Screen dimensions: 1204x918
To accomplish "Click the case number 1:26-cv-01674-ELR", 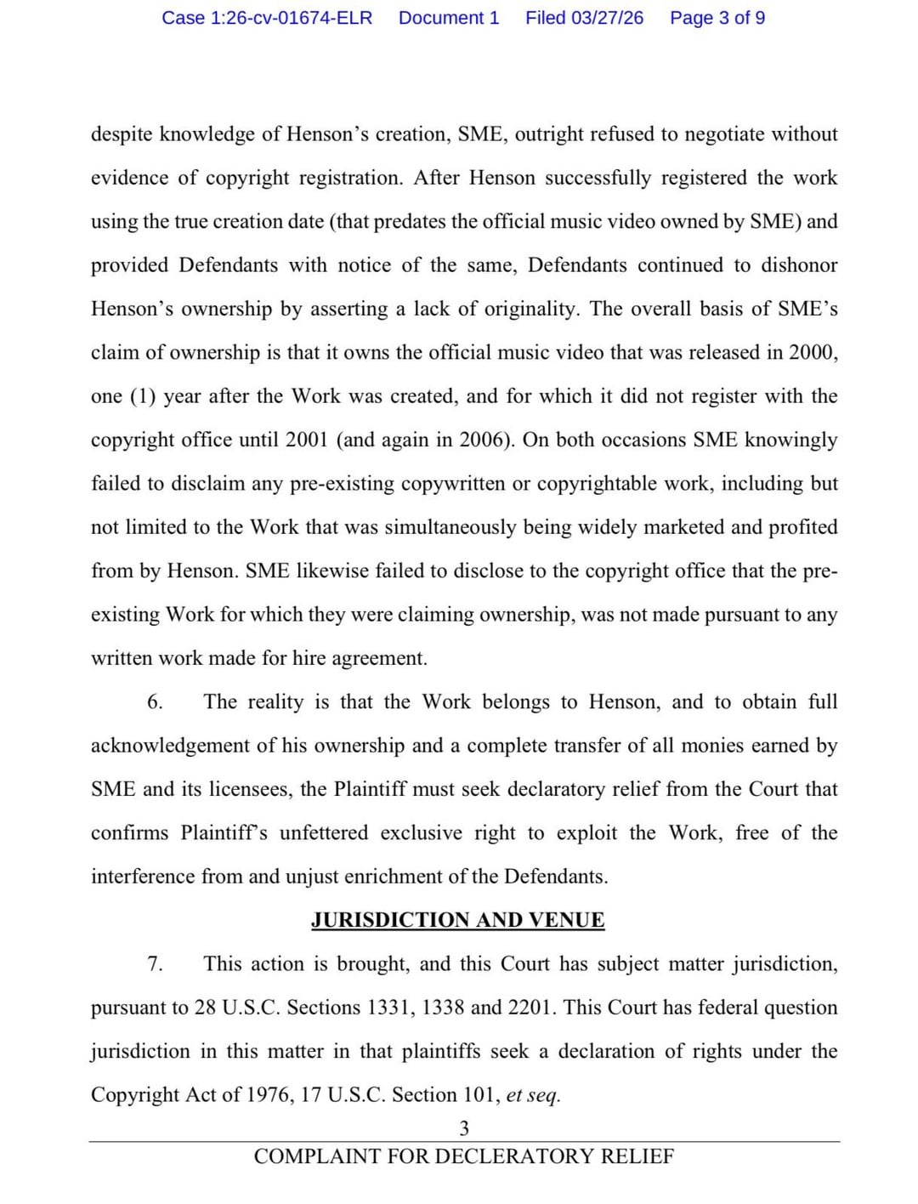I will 267,18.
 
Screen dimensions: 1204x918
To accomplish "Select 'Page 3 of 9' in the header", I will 717,18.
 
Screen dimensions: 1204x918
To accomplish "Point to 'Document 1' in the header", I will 449,18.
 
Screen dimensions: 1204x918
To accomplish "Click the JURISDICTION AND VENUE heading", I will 457,920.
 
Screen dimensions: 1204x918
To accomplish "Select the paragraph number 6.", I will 155,702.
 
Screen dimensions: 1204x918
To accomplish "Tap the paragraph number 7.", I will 155,964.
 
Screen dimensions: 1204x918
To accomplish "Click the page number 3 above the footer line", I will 464,1128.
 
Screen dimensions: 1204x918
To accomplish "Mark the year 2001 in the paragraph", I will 307,440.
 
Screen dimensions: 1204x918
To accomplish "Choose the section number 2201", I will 531,1008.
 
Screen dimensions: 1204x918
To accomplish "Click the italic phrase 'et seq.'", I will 533,1095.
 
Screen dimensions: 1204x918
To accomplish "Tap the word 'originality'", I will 530,310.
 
